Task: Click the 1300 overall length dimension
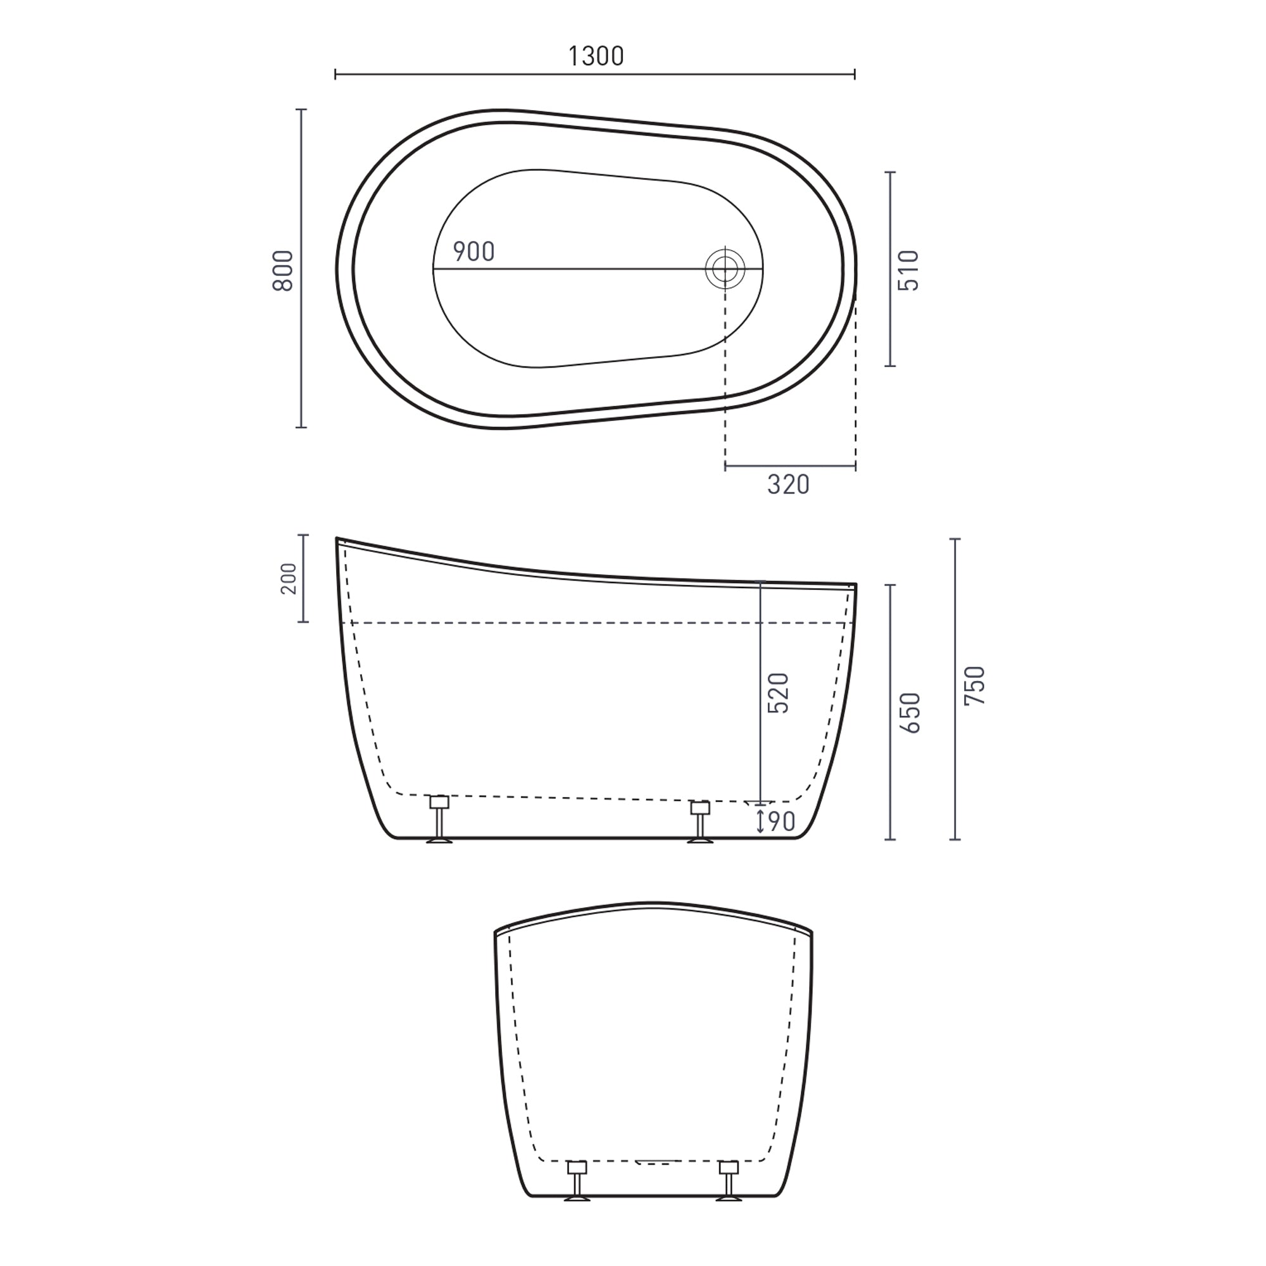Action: click(x=595, y=57)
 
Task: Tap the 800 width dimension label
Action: click(x=283, y=271)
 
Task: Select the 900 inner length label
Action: click(x=473, y=252)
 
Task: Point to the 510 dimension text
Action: click(x=910, y=271)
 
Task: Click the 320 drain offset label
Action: click(x=788, y=485)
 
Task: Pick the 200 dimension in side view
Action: click(x=288, y=579)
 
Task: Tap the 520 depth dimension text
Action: click(x=779, y=693)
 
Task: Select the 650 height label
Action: click(x=911, y=713)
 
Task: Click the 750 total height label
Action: click(x=975, y=686)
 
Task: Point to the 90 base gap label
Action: click(x=781, y=821)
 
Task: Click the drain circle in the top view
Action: click(x=725, y=268)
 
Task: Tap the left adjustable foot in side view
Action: click(x=439, y=819)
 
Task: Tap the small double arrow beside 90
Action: click(x=760, y=821)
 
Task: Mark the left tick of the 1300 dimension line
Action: click(x=335, y=74)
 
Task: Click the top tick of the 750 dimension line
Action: click(x=955, y=539)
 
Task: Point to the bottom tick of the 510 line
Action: click(x=889, y=366)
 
